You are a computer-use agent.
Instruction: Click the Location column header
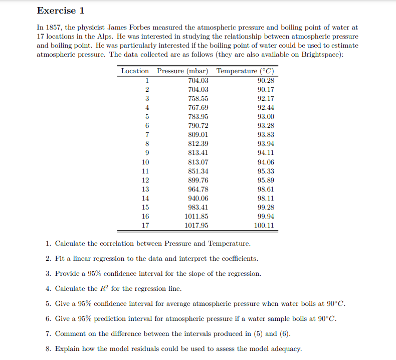click(x=135, y=71)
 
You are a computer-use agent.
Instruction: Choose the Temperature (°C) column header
click(x=245, y=71)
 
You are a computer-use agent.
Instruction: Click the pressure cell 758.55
click(x=198, y=99)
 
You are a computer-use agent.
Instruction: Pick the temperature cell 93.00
click(x=265, y=117)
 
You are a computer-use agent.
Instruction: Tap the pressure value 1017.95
click(x=196, y=226)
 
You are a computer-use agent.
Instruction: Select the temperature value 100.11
click(x=264, y=226)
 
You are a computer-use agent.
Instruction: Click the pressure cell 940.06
click(x=198, y=199)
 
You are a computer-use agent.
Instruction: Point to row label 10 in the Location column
click(x=145, y=162)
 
